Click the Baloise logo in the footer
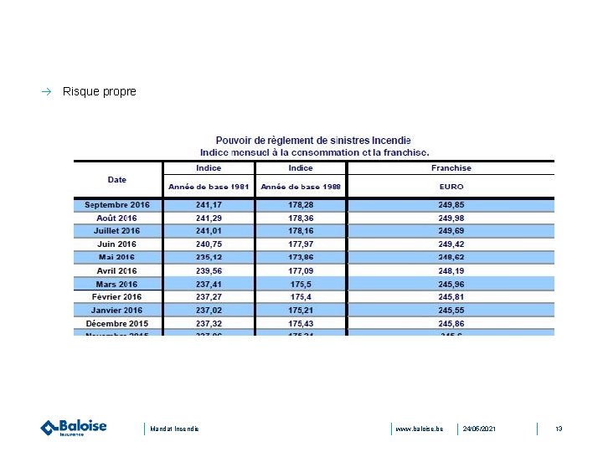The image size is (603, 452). click(x=74, y=428)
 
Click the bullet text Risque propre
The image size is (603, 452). click(x=99, y=91)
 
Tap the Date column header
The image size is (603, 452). click(x=117, y=179)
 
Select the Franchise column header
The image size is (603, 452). click(x=451, y=168)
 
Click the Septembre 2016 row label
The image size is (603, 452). click(x=117, y=204)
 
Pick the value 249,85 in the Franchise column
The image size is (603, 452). click(x=451, y=204)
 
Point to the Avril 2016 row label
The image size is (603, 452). click(x=117, y=270)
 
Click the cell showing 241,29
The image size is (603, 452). click(x=209, y=218)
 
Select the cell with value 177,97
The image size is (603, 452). click(x=301, y=244)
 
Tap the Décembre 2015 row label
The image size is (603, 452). click(x=117, y=323)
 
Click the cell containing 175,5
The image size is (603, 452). click(x=301, y=284)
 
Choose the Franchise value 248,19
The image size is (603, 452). click(x=451, y=270)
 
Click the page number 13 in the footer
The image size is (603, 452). click(x=559, y=429)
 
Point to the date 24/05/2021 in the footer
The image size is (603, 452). click(x=479, y=429)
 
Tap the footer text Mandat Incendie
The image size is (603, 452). click(x=175, y=429)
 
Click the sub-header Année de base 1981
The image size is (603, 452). click(x=209, y=187)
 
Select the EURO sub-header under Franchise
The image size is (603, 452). click(x=451, y=187)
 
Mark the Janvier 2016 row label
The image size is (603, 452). click(x=117, y=310)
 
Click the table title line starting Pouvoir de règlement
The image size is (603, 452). click(x=313, y=141)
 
